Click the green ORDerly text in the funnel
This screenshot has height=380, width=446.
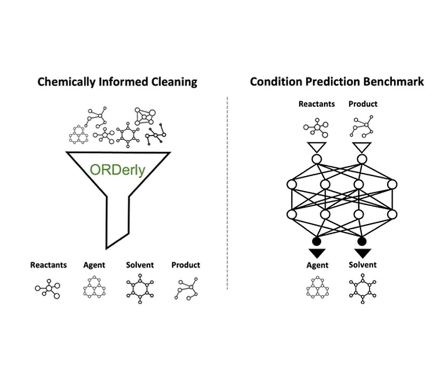click(x=117, y=172)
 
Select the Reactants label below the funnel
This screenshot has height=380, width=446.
click(x=49, y=265)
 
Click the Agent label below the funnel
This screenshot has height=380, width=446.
click(x=94, y=265)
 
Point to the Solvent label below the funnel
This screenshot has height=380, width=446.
click(x=140, y=265)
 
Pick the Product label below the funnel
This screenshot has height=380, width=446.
click(x=186, y=265)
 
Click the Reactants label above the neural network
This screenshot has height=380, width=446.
click(x=316, y=104)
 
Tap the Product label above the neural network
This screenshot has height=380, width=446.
click(x=363, y=104)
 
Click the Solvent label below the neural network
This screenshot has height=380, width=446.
click(x=363, y=265)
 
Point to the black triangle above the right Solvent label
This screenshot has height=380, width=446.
click(x=362, y=253)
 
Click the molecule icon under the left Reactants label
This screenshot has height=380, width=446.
click(x=48, y=288)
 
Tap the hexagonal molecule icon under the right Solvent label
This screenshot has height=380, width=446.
click(x=363, y=288)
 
